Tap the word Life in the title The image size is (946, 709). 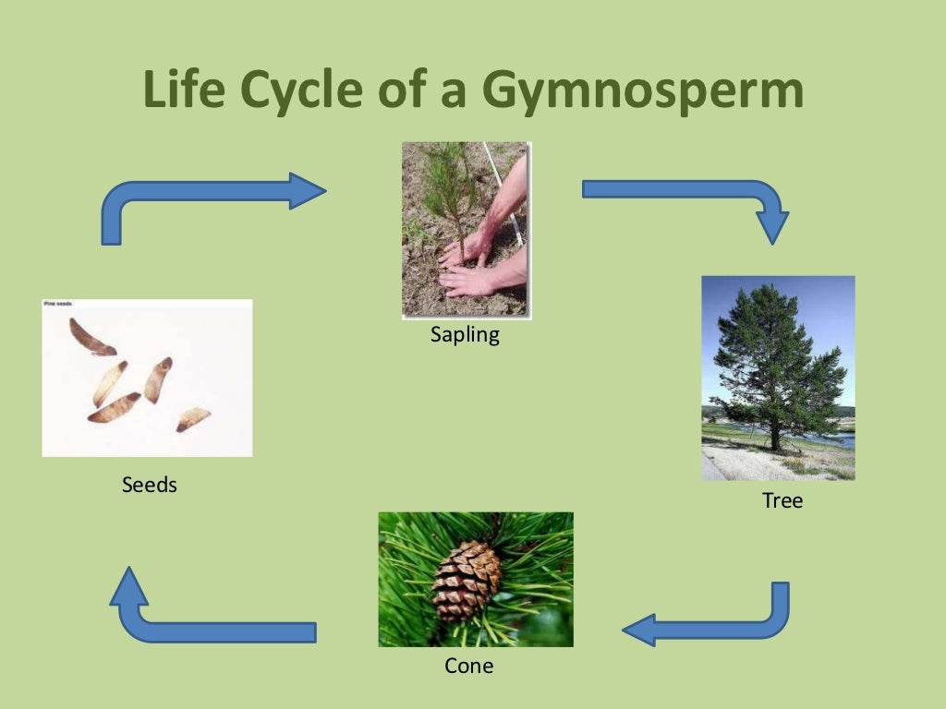(x=185, y=91)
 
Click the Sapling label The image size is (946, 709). (x=465, y=335)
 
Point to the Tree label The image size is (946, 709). (x=782, y=501)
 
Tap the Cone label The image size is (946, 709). (x=468, y=665)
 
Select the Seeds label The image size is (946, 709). (x=149, y=485)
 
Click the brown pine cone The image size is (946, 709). (x=466, y=580)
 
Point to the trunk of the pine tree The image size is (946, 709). (x=774, y=429)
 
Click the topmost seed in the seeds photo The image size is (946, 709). (x=91, y=337)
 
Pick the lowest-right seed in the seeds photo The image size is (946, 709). (x=194, y=418)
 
